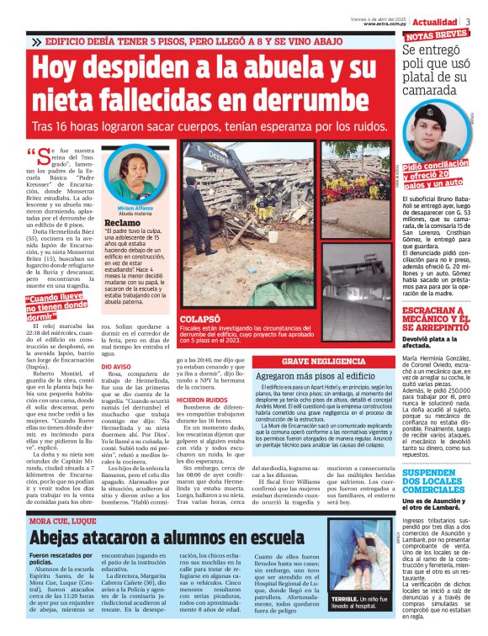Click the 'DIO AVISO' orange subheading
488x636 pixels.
click(116, 390)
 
